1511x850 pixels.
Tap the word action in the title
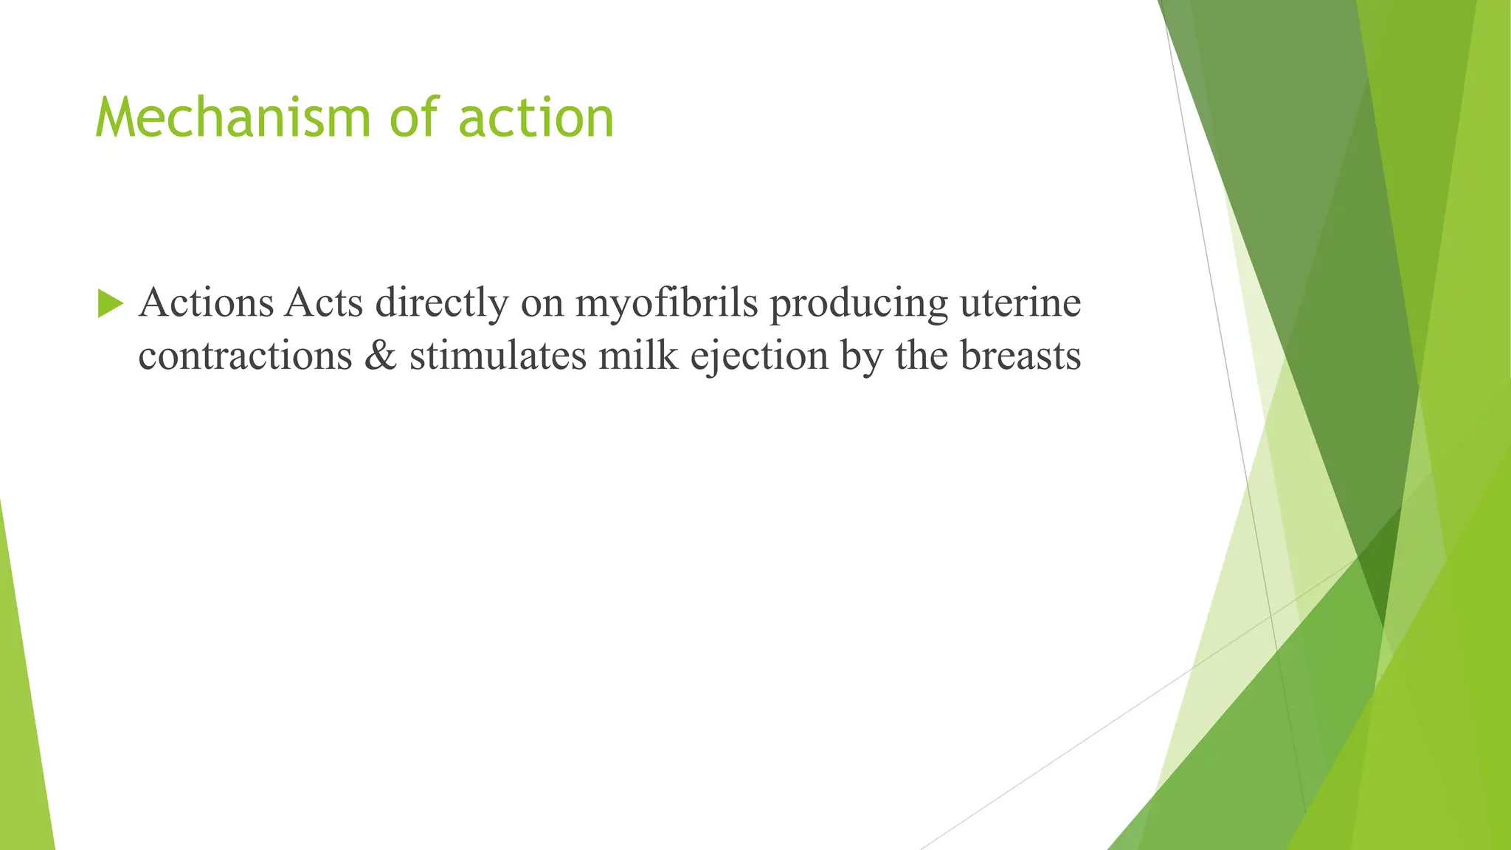pos(536,118)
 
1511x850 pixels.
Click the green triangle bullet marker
pos(110,303)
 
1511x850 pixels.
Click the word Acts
pos(324,303)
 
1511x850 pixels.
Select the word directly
pos(442,304)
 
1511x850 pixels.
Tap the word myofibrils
pos(666,304)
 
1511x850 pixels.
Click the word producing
pos(859,304)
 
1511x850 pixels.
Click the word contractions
pos(245,356)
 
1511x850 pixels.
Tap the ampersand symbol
pos(381,356)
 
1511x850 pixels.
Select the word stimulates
pos(497,356)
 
